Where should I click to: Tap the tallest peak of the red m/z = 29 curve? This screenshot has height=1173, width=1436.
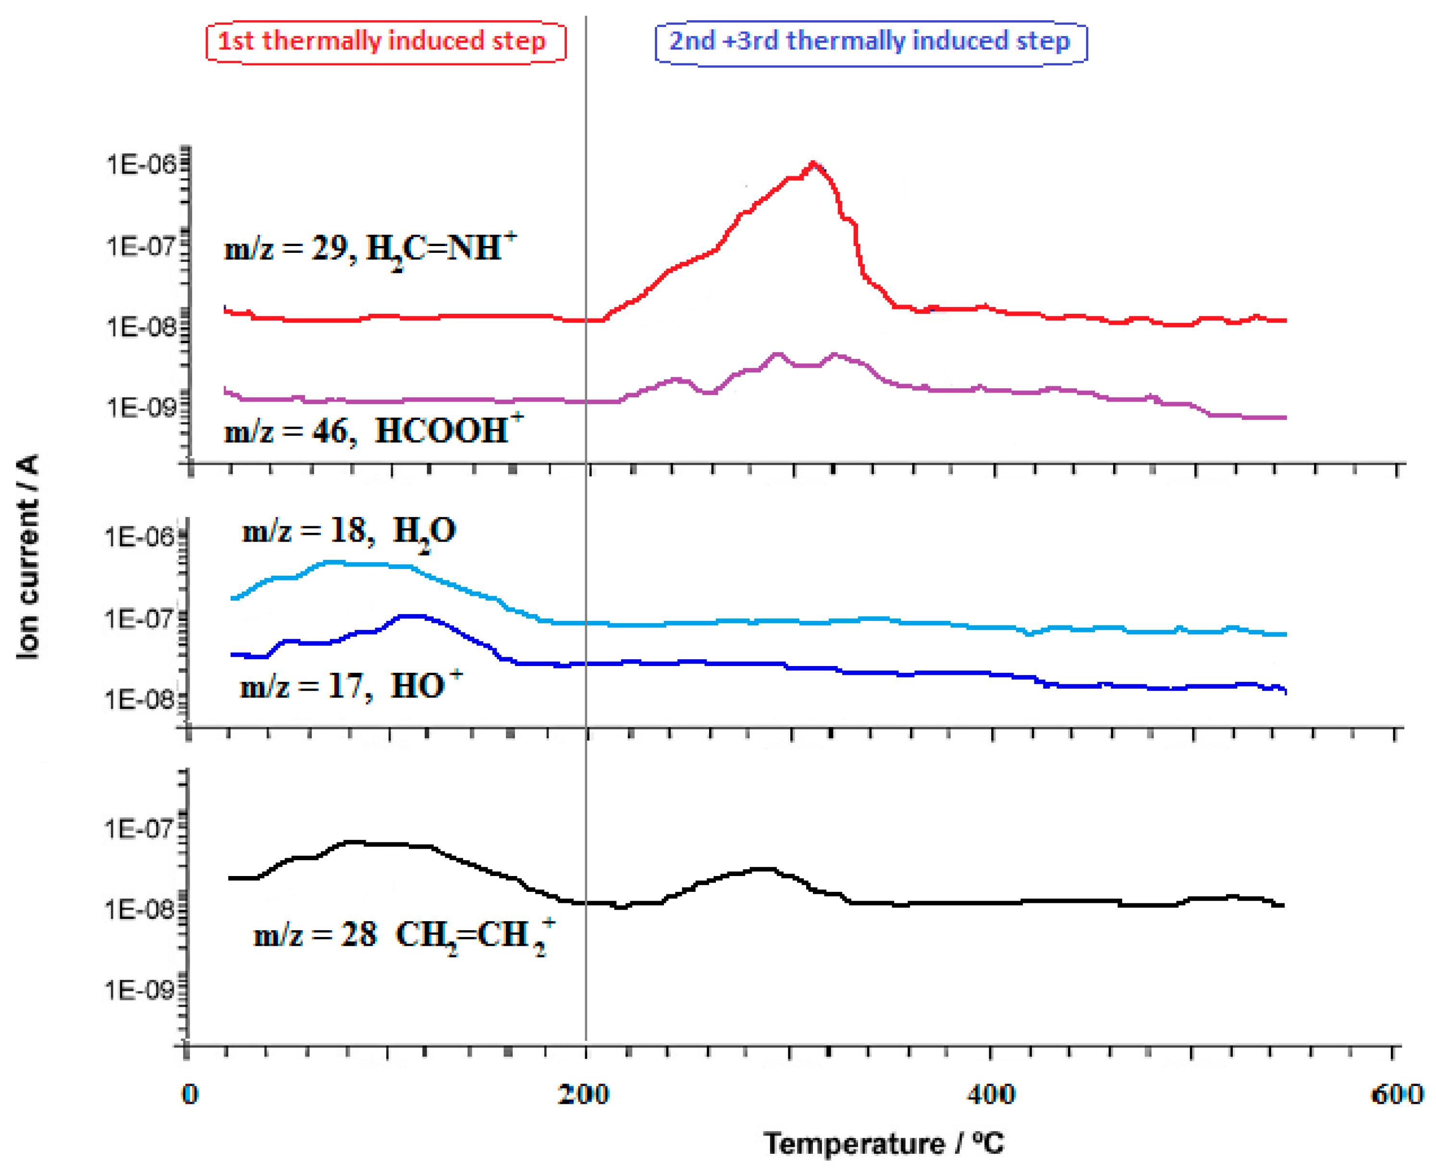click(x=814, y=163)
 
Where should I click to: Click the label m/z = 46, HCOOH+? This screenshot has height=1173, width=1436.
click(x=373, y=431)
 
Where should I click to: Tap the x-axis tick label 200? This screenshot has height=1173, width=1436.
click(x=584, y=1094)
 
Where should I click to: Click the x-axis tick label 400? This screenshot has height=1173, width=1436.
click(x=990, y=1094)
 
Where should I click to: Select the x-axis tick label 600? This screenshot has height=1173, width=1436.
click(x=1396, y=1094)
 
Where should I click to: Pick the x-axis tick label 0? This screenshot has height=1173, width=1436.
click(x=190, y=1094)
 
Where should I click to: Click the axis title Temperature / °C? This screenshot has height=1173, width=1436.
click(x=884, y=1144)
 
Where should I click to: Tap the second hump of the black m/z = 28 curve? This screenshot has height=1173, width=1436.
click(x=763, y=869)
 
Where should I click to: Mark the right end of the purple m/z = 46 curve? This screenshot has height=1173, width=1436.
click(x=1285, y=418)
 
